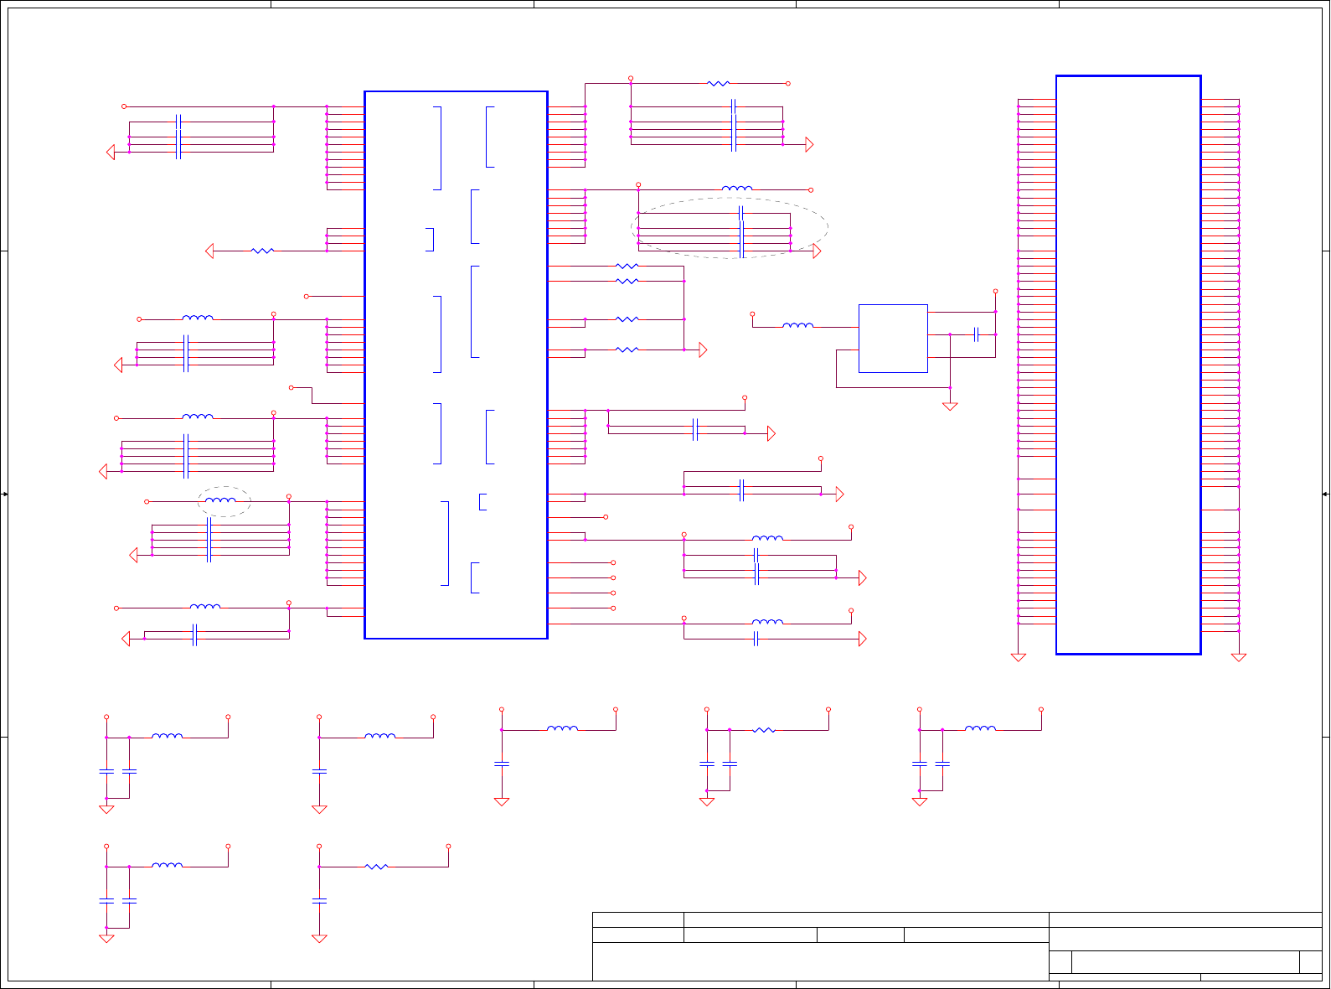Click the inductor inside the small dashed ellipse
pos(220,500)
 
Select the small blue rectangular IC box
pos(893,338)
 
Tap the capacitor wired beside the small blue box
pos(976,334)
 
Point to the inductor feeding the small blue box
pos(797,326)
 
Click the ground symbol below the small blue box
pos(950,406)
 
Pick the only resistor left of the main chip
pos(262,251)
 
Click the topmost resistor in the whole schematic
pos(719,84)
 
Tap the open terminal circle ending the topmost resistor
pos(788,84)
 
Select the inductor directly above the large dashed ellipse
pos(737,189)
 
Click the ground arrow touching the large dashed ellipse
pos(817,251)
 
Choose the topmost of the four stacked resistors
pos(627,267)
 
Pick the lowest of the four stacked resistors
pos(627,350)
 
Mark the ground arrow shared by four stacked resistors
pos(703,350)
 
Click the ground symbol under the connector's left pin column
pos(1019,658)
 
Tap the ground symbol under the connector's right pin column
pos(1239,658)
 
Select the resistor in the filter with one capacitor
pos(376,867)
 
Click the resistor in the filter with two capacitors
pos(763,730)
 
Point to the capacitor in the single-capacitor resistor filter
pos(319,900)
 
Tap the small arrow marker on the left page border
pos(4,495)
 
